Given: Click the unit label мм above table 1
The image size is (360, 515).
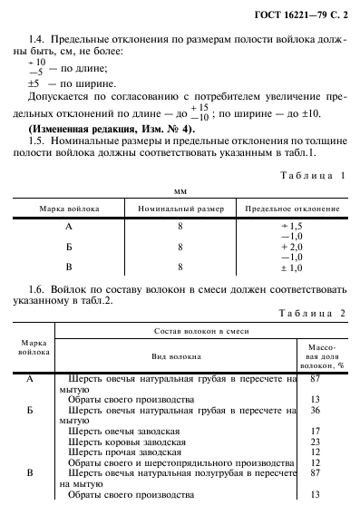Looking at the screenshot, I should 180,192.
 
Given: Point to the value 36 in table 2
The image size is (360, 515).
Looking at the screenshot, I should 316,410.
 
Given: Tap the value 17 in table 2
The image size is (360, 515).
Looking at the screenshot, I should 316,431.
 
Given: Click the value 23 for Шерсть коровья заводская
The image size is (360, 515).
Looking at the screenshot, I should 316,442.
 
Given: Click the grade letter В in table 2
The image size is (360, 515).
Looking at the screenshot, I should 30,473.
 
